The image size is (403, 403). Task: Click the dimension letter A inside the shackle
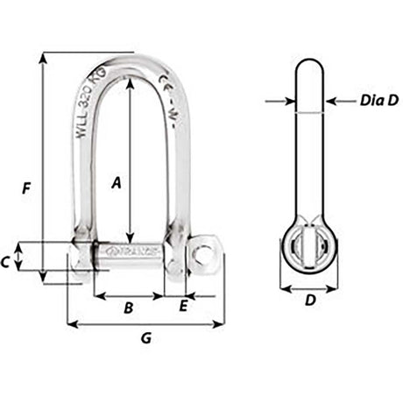pyautogui.click(x=115, y=182)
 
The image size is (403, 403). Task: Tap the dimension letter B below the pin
pyautogui.click(x=128, y=308)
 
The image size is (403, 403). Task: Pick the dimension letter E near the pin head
pyautogui.click(x=183, y=307)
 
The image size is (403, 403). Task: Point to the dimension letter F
pyautogui.click(x=27, y=187)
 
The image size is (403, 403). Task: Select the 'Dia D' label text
pyautogui.click(x=378, y=101)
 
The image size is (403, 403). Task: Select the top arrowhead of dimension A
pyautogui.click(x=130, y=82)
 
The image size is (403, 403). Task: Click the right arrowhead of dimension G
pyautogui.click(x=220, y=324)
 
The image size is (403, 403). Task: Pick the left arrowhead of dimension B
pyautogui.click(x=98, y=295)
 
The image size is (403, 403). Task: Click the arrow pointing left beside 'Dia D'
pyautogui.click(x=331, y=102)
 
